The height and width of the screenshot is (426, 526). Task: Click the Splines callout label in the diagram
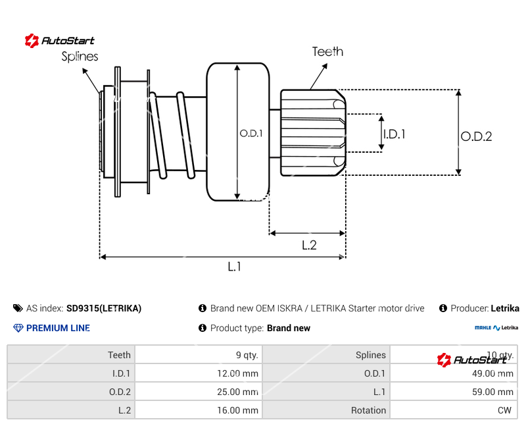pos(80,57)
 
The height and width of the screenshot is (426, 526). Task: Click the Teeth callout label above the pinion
pos(327,51)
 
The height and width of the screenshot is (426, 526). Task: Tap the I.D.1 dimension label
pos(394,134)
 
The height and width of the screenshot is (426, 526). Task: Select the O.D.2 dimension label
pos(476,136)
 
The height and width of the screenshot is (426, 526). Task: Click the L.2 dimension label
pos(309,245)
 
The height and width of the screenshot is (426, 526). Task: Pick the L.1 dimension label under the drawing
pos(235,267)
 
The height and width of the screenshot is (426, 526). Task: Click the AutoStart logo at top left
pos(59,41)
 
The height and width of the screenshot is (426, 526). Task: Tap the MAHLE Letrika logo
pos(496,327)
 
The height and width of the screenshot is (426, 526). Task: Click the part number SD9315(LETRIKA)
pos(104,308)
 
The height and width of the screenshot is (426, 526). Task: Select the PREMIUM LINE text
pos(58,328)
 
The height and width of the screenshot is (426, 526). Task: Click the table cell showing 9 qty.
pos(247,355)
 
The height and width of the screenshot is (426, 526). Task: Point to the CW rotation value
pos(504,410)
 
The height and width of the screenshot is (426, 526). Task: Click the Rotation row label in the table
pos(368,410)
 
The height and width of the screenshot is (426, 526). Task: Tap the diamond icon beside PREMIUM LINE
pos(18,328)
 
